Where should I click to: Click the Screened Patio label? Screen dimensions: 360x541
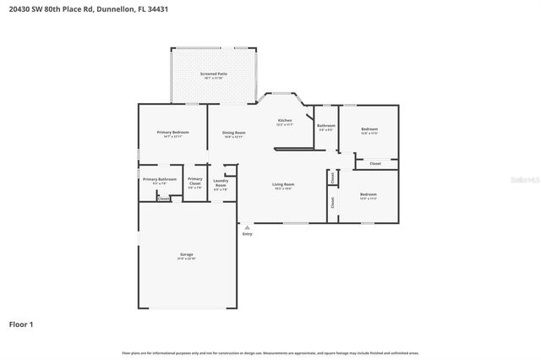(213, 75)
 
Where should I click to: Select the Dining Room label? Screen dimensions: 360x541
(234, 134)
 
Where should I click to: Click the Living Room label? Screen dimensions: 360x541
(282, 185)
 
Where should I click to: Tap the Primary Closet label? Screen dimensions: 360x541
(195, 180)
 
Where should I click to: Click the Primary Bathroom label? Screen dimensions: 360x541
(160, 180)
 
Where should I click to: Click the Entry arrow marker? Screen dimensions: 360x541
(246, 226)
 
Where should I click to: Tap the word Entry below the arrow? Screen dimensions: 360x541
(247, 234)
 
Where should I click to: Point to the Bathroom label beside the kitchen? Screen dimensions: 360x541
(326, 127)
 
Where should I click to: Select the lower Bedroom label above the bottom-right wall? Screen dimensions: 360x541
(369, 196)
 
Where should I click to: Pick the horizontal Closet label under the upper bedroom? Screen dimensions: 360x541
(375, 163)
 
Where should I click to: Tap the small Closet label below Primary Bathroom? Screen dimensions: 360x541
(163, 199)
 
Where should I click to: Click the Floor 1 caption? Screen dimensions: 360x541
(21, 324)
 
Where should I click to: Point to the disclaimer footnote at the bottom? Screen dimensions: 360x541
(270, 352)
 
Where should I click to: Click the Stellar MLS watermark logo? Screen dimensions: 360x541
(527, 180)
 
